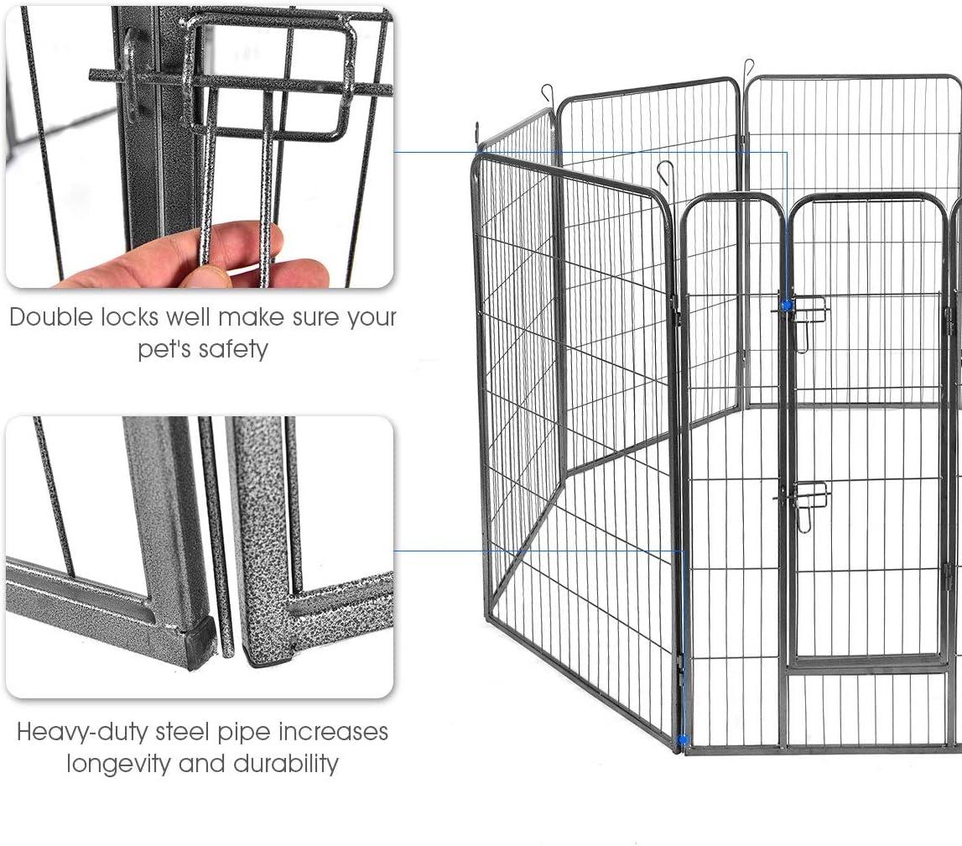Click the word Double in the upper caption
pyautogui.click(x=52, y=317)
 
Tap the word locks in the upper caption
pyautogui.click(x=129, y=317)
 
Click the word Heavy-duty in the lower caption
pyautogui.click(x=82, y=733)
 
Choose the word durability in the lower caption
pyautogui.click(x=286, y=764)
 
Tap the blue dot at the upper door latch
pyautogui.click(x=787, y=305)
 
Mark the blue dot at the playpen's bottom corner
pyautogui.click(x=683, y=739)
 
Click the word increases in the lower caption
pyautogui.click(x=333, y=732)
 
